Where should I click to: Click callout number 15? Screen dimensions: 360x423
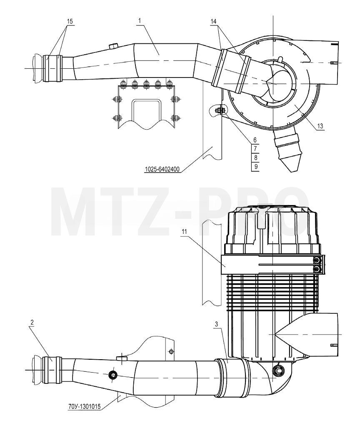tap(70, 21)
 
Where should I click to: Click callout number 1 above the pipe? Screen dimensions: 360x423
tap(140, 21)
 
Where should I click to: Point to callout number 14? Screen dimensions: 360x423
tap(214, 21)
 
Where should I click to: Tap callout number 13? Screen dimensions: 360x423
tap(320, 126)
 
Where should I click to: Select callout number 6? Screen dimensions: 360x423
tap(255, 140)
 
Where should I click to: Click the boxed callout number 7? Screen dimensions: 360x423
tap(255, 148)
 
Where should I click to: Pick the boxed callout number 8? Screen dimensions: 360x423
tap(255, 157)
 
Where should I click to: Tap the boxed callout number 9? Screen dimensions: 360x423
tap(255, 166)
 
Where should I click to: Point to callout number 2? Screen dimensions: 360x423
tap(32, 322)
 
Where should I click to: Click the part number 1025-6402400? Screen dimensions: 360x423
tap(162, 170)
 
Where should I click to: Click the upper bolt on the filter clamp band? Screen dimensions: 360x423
tap(317, 260)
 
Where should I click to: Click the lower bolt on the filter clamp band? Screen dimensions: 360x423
tap(317, 269)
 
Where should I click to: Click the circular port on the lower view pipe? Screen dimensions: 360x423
tap(112, 375)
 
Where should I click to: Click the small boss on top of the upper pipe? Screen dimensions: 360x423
tap(113, 46)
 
